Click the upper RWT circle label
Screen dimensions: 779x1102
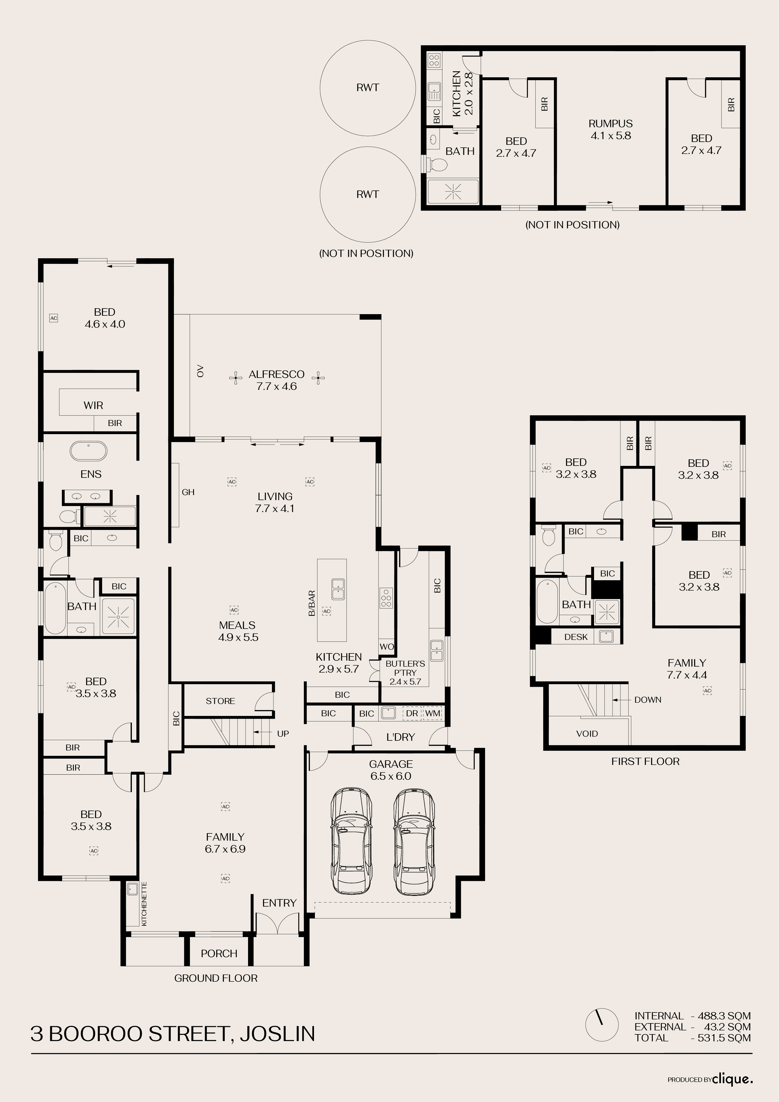pos(367,87)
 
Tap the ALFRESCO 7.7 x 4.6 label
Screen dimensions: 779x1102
pos(276,380)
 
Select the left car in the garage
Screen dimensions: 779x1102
pos(351,840)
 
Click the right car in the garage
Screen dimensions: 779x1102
pos(415,840)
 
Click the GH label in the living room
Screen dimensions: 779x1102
pos(188,492)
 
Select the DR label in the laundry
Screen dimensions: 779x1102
pos(412,713)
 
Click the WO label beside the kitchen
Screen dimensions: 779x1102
pos(387,646)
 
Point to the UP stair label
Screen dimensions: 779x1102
pos(283,734)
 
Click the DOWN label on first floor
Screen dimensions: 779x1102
pos(647,700)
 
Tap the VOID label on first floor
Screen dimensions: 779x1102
pos(587,734)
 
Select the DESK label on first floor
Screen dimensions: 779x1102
pos(576,637)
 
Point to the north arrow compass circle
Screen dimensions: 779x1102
pos(602,1038)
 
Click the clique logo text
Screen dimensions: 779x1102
pos(733,1079)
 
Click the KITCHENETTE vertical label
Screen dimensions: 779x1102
pos(144,904)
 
